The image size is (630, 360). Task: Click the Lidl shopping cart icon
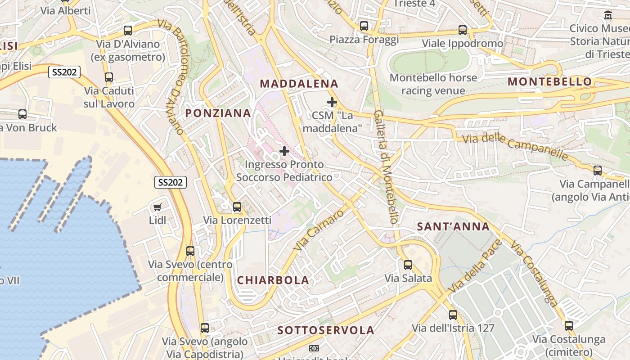point(157,207)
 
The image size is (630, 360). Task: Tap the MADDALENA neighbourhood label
point(299,84)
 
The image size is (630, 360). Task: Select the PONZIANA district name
point(218,113)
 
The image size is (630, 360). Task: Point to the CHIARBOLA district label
point(273,280)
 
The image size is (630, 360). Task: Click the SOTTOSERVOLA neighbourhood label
point(326,330)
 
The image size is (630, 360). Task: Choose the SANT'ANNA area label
point(453,226)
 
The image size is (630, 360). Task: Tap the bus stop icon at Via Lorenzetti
point(237,207)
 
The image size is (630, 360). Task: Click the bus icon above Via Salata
point(408,265)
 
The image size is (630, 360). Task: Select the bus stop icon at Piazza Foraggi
point(364,26)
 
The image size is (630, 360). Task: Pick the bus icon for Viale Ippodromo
point(463,30)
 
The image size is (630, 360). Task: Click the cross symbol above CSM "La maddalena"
point(332,102)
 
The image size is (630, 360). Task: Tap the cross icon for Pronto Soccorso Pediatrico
point(284,151)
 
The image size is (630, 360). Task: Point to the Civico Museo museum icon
point(608,15)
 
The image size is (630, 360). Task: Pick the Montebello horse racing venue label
point(433,84)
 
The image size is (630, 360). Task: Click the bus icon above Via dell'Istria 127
point(453,315)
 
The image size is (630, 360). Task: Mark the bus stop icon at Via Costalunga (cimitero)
point(569,326)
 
